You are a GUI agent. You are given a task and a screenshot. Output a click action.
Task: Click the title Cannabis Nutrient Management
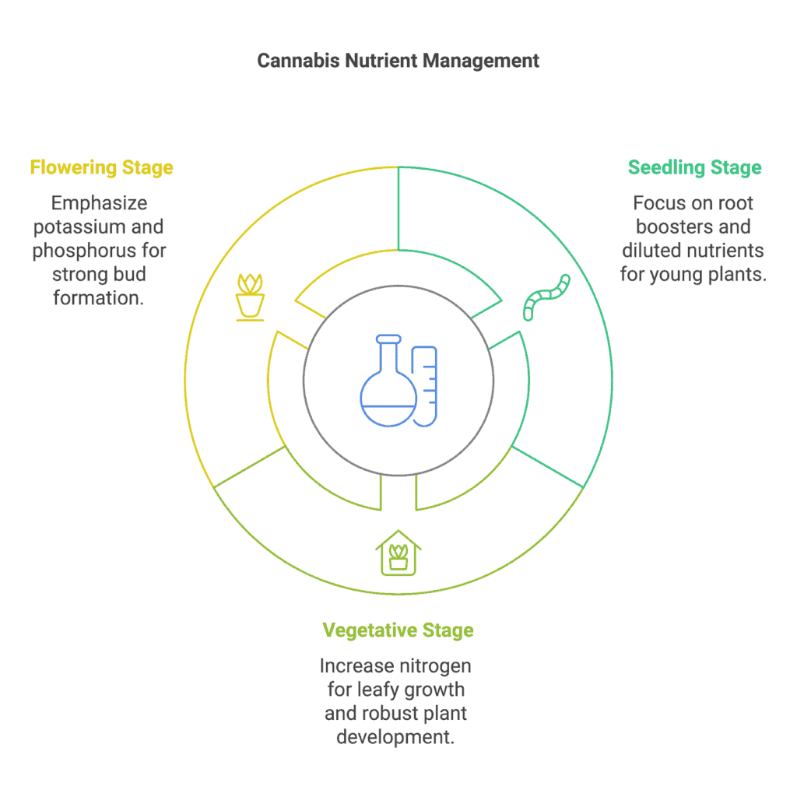point(398,61)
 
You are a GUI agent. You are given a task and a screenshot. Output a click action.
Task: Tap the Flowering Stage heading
point(102,167)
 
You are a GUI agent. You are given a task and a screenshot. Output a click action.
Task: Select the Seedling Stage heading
point(694,167)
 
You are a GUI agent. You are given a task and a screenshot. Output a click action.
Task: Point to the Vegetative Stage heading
point(398,630)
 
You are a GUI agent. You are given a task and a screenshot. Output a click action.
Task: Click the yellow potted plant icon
point(250,297)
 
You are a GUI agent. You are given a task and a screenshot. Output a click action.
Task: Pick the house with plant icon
point(398,553)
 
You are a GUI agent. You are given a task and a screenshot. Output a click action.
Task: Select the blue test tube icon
point(424,386)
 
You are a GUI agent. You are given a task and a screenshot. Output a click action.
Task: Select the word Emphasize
point(99,203)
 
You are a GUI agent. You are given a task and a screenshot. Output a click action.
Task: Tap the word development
point(395,737)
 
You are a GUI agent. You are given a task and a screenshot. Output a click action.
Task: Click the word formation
point(99,298)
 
